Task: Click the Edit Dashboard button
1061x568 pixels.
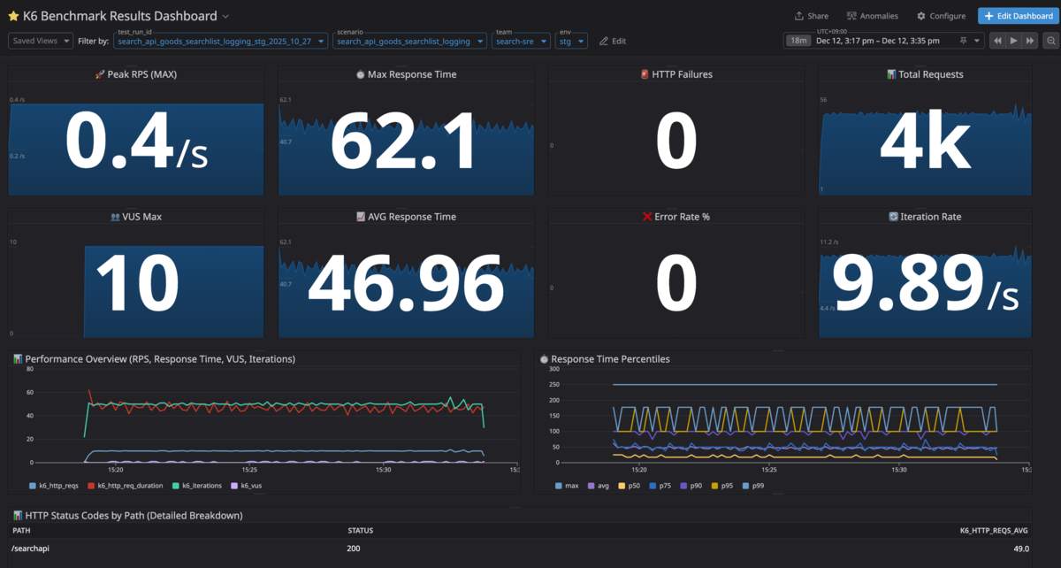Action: tap(1015, 16)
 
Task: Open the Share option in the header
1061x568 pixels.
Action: tap(811, 16)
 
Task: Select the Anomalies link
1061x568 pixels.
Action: tap(872, 16)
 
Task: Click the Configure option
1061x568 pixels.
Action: tap(941, 16)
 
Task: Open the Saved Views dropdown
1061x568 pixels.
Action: tap(41, 41)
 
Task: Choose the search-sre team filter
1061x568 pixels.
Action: tap(520, 42)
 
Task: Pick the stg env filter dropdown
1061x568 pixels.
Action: tap(571, 42)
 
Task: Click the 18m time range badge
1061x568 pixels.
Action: tap(798, 41)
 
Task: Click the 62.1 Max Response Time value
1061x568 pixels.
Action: tap(406, 144)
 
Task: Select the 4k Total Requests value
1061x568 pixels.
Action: tap(925, 144)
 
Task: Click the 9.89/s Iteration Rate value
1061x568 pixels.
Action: tap(925, 285)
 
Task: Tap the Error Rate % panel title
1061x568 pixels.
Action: tap(676, 217)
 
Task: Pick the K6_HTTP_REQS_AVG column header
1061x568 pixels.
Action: tap(994, 531)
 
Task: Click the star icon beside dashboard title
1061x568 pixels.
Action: tap(13, 16)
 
